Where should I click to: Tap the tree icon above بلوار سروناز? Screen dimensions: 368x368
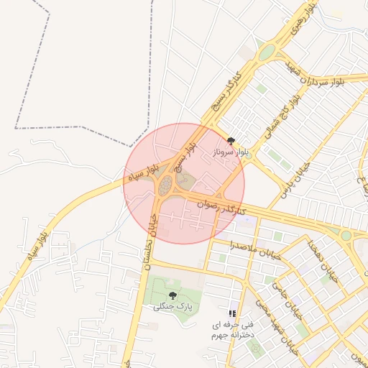[230, 141]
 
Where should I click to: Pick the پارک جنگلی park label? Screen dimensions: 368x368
[172, 307]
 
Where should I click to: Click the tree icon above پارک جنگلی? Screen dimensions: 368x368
[172, 295]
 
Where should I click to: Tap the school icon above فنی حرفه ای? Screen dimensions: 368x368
[231, 313]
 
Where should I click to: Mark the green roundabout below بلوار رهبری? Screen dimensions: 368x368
[267, 52]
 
